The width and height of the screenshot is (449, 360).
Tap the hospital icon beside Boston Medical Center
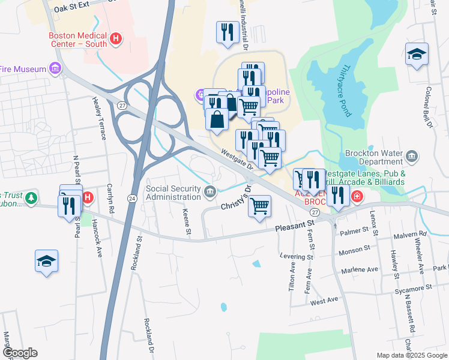116,40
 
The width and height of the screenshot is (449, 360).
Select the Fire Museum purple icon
56,69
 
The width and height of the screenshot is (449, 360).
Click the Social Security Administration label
174,192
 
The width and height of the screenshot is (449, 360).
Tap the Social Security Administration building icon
209,192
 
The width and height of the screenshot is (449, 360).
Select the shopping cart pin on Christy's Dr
260,206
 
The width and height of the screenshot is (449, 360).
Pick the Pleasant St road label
295,227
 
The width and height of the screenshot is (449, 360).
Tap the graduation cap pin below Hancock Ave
46,261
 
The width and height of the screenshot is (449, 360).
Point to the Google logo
19,353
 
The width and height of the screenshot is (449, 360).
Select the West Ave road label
325,299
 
